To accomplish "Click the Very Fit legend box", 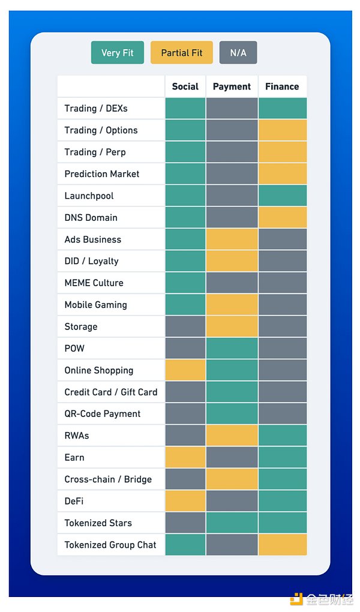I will (117, 53).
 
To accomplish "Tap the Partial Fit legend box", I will (181, 53).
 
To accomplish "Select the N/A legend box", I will (238, 53).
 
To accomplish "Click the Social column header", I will (185, 86).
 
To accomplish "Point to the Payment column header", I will (232, 86).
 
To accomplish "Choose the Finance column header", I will (282, 86).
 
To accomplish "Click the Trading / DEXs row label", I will (96, 109).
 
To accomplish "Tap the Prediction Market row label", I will (102, 174).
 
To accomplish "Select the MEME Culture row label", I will (94, 283).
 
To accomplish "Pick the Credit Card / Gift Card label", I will (111, 392).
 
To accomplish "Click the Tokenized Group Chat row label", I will (110, 545).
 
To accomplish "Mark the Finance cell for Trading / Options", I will (283, 130).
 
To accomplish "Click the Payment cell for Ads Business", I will (232, 239).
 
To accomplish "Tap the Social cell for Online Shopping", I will (185, 370).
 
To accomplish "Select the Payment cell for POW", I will (232, 348).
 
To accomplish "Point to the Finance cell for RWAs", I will (283, 436).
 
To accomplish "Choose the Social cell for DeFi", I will (185, 501).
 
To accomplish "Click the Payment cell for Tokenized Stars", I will (232, 523).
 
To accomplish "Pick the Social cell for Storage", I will (185, 326).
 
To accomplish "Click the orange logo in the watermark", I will (296, 599).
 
